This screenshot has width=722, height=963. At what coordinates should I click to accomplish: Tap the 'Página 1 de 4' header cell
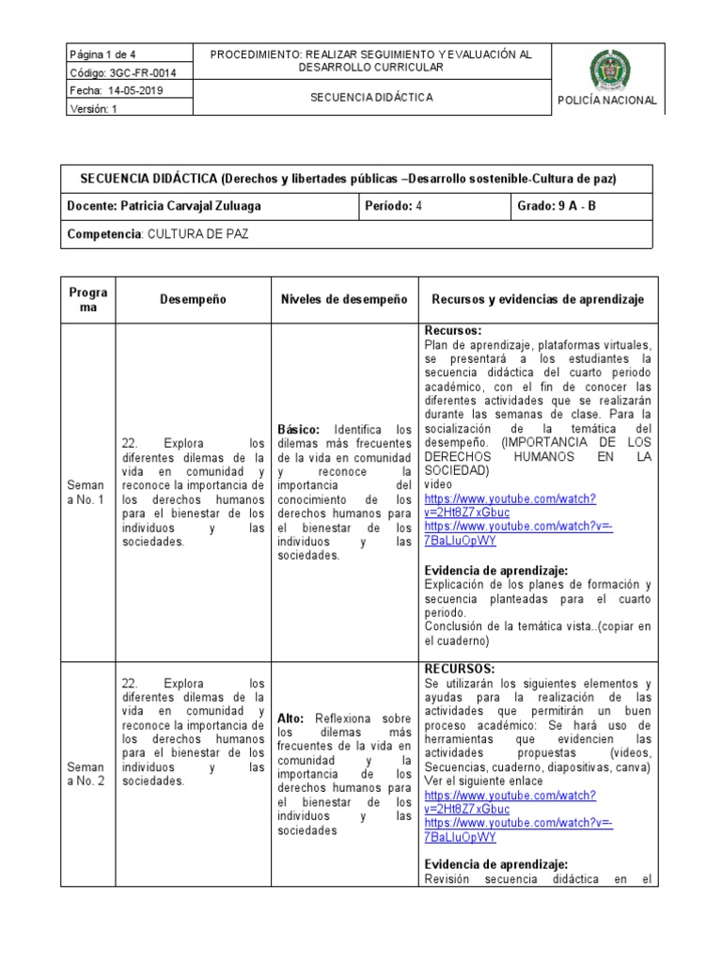(102, 55)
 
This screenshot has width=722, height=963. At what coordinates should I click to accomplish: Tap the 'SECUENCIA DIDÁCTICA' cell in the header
(371, 97)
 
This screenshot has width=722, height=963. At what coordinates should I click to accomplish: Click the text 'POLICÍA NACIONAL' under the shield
(607, 102)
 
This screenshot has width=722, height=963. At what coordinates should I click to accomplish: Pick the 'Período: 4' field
(394, 206)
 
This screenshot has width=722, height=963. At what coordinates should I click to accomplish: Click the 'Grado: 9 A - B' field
(557, 206)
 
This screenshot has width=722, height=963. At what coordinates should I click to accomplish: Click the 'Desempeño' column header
(193, 299)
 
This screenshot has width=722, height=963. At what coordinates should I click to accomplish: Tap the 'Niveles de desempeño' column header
(343, 299)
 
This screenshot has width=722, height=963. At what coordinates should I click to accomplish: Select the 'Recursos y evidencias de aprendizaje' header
(538, 299)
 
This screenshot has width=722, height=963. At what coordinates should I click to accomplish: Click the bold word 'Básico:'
(299, 429)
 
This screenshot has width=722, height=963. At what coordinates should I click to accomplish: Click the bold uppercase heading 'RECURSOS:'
(459, 669)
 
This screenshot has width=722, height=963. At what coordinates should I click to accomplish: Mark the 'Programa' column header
(87, 300)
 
